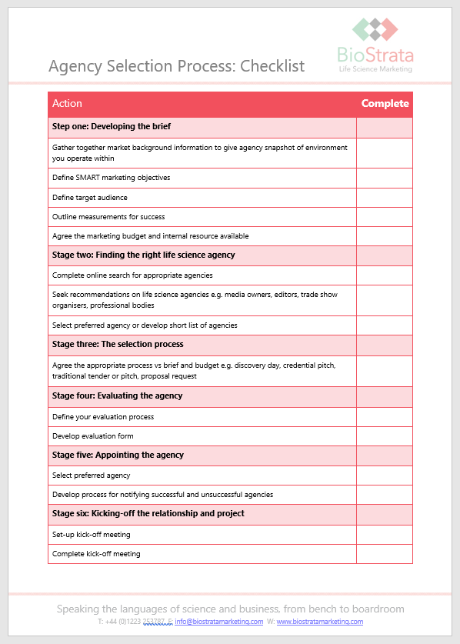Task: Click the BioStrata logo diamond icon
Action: pyautogui.click(x=375, y=29)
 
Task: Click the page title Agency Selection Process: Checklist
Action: pyautogui.click(x=176, y=66)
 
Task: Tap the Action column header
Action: pyautogui.click(x=67, y=104)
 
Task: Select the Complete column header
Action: pyautogui.click(x=385, y=104)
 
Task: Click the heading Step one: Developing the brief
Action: pyautogui.click(x=112, y=126)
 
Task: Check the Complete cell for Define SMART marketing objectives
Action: pyautogui.click(x=385, y=178)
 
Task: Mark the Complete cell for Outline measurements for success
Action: pyautogui.click(x=385, y=217)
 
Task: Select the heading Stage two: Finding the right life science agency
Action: pyautogui.click(x=144, y=255)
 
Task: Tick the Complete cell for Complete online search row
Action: pyautogui.click(x=385, y=275)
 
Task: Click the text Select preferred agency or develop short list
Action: pyautogui.click(x=145, y=325)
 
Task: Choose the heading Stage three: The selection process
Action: pyautogui.click(x=118, y=344)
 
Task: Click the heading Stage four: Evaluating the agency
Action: pyautogui.click(x=118, y=395)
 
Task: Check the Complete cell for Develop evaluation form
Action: pyautogui.click(x=385, y=436)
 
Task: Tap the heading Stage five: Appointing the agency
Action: pyautogui.click(x=118, y=455)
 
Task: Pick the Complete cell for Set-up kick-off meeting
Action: pyautogui.click(x=385, y=534)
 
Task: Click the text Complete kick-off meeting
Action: pyautogui.click(x=96, y=553)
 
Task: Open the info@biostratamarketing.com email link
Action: pyautogui.click(x=219, y=622)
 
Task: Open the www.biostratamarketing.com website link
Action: pyautogui.click(x=319, y=622)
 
